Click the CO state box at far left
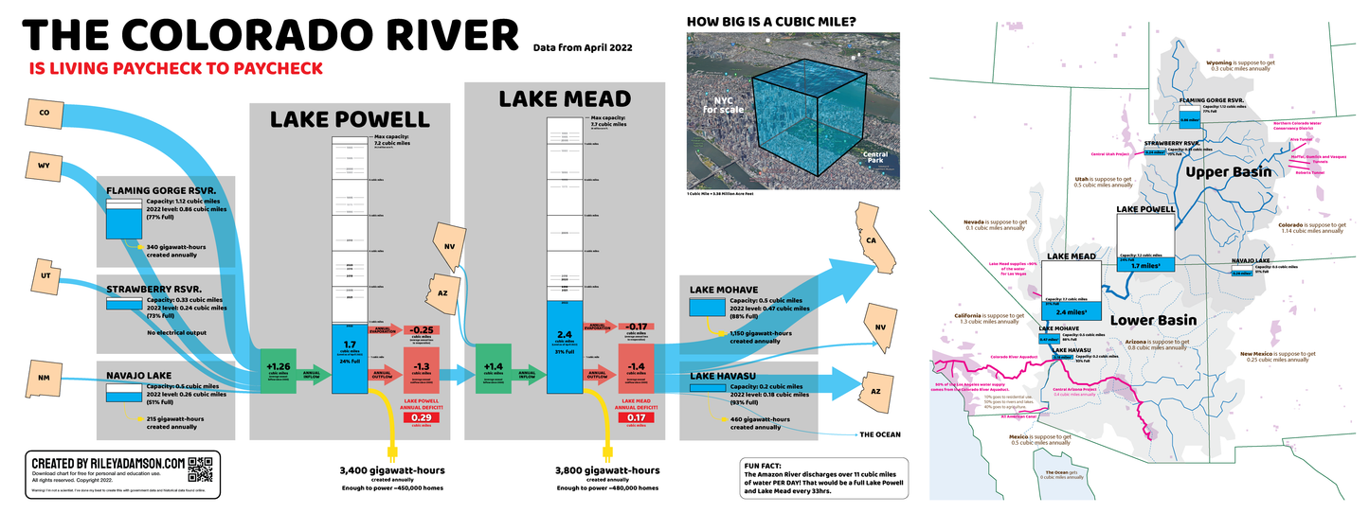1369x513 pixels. (44, 114)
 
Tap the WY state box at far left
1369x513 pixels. (44, 168)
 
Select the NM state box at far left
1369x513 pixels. (44, 378)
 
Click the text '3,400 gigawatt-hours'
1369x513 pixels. (392, 469)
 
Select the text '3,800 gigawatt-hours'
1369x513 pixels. (607, 469)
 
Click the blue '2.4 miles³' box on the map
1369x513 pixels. (1071, 310)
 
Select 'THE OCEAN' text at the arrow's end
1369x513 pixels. (880, 435)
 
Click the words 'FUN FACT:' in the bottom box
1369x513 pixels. (766, 467)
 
